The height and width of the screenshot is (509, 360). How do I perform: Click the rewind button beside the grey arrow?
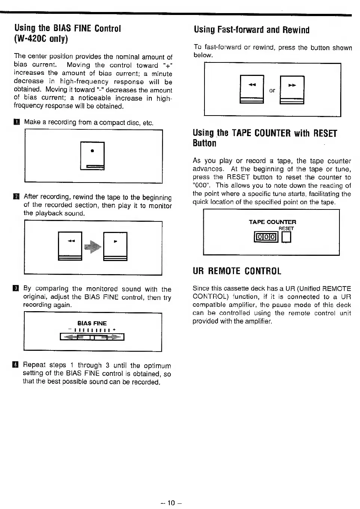70,246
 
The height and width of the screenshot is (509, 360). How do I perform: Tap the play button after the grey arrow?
115,246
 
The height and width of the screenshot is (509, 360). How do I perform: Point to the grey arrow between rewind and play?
93,246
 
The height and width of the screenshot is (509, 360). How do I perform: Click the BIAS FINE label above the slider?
92,323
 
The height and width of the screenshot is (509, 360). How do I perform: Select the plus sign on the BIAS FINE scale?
114,329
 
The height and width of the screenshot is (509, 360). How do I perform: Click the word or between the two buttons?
272,91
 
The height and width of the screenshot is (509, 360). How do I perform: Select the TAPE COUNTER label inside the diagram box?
272,222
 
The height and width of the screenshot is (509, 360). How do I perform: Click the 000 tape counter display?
266,237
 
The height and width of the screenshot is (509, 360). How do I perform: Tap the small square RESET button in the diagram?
286,237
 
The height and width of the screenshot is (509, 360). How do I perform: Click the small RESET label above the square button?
286,228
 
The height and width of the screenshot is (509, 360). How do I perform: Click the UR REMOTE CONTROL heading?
237,271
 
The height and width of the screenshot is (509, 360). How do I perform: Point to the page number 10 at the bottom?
171,503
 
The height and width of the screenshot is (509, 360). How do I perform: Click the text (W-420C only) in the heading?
41,39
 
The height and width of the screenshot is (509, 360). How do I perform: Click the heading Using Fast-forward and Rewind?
252,30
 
